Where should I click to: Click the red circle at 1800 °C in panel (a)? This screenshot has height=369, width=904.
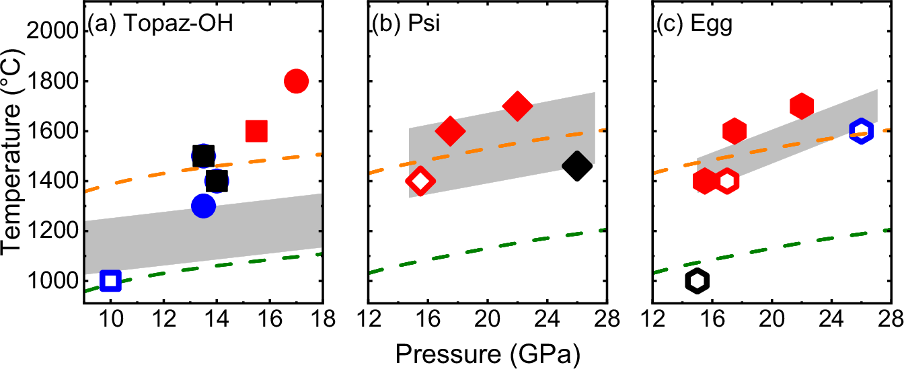click(296, 81)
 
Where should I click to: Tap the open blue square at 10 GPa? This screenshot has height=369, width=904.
click(110, 280)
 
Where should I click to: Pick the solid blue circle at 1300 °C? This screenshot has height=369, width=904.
click(203, 206)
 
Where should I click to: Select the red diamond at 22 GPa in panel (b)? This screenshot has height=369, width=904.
click(517, 106)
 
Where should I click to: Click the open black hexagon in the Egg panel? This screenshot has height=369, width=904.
click(698, 280)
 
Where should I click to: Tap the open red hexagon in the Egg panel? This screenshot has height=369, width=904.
click(727, 181)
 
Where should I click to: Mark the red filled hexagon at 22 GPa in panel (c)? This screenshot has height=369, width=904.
click(802, 106)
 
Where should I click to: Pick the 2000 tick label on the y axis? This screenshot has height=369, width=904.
click(52, 31)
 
